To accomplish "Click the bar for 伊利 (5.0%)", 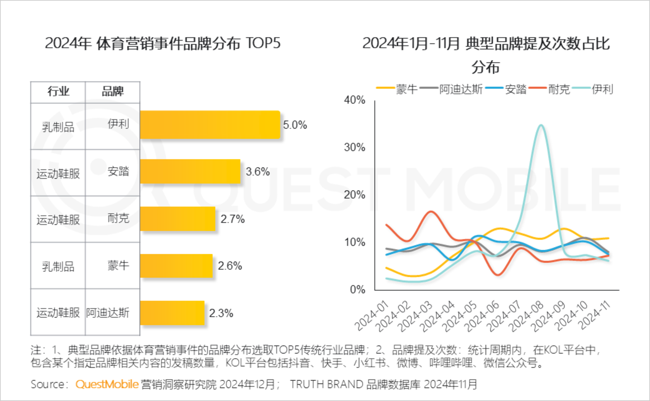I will pos(210,125).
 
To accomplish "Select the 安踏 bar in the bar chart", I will pos(190,172).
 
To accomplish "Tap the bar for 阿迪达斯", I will pos(172,313).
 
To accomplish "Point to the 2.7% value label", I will pos(232,219).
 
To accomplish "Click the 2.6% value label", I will pos(230,266).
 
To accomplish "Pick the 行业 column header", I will pos(58,92).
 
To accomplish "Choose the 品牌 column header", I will pos(112,92).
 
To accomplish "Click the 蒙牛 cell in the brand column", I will pos(118,266).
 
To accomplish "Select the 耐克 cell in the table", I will pos(118,219).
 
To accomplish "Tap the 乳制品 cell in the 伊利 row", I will pos(58,127).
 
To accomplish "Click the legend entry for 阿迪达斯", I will pos(460,89).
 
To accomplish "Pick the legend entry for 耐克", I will pos(559,89).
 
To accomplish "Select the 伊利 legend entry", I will pos(602,89).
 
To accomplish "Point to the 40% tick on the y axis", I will pos(354,100).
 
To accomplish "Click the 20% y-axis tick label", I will pos(354,195).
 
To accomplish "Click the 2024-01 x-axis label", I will pos(371,316).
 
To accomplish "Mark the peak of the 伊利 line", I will pos(541,125).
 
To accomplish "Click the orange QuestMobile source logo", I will pos(107,384).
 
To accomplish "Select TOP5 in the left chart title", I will pos(263,44).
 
